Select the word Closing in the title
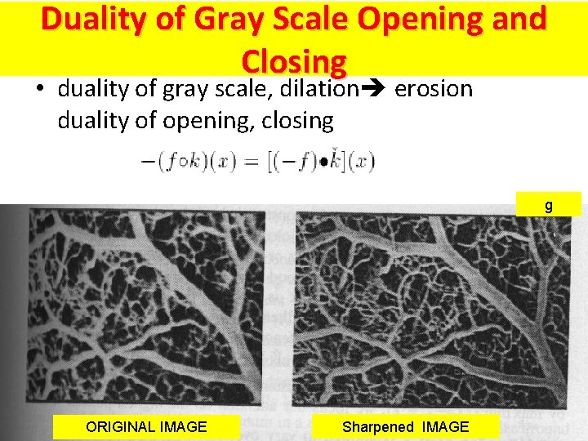pos(295,61)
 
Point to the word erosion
pos(434,88)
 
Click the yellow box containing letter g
pos(548,205)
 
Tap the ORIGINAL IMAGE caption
pos(146,426)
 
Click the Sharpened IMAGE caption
pos(405,426)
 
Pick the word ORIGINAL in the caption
pos(119,426)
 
